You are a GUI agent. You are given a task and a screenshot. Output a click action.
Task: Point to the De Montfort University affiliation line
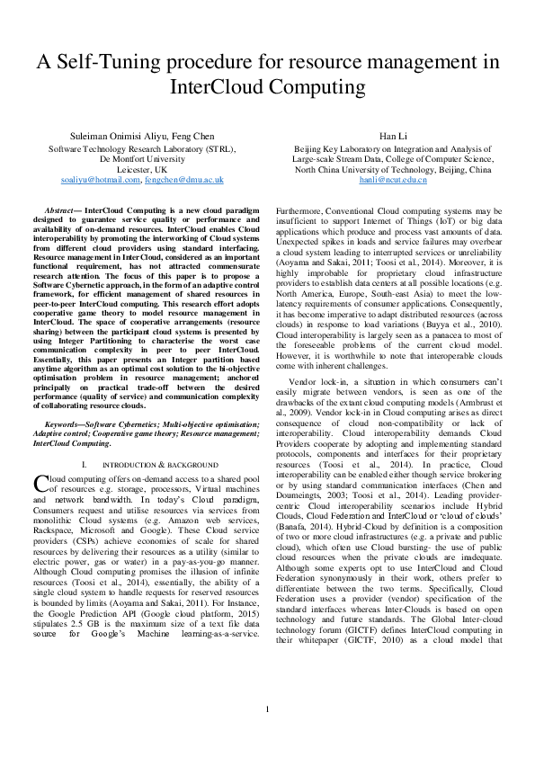(x=142, y=157)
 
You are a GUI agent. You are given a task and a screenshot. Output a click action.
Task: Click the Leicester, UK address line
(x=142, y=168)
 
